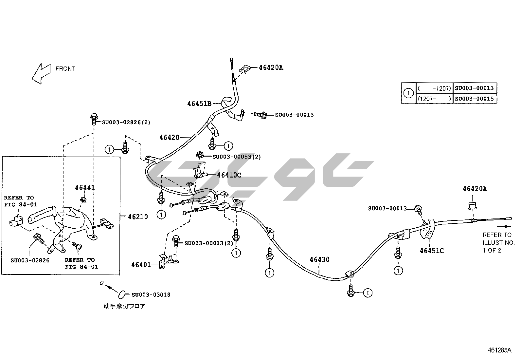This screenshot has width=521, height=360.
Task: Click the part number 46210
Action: coord(137,217)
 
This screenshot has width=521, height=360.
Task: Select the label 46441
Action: coord(85,188)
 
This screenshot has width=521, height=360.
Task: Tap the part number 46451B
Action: coord(199,104)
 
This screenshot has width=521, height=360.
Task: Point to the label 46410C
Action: coord(229,175)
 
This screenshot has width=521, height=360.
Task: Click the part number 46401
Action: coord(141,265)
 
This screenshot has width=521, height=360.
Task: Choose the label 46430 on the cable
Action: coord(319,260)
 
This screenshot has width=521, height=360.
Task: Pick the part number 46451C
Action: coord(432,251)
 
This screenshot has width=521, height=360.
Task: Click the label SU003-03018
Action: coord(151,295)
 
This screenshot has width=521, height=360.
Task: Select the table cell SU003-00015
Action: coord(475,99)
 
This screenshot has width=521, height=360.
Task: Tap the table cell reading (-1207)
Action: coord(435,88)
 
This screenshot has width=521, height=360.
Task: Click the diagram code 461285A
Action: coord(499,350)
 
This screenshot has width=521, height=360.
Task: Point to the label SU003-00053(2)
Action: coord(237,157)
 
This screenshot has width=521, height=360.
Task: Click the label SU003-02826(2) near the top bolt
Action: coord(126,123)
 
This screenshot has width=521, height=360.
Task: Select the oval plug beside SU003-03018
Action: coord(122,294)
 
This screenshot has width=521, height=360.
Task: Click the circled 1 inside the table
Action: coord(408,93)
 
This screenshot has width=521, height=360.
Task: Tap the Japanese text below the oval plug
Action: coord(124,307)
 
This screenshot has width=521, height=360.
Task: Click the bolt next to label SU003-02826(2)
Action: coord(94,119)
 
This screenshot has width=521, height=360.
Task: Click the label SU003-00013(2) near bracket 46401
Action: coord(209,243)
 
